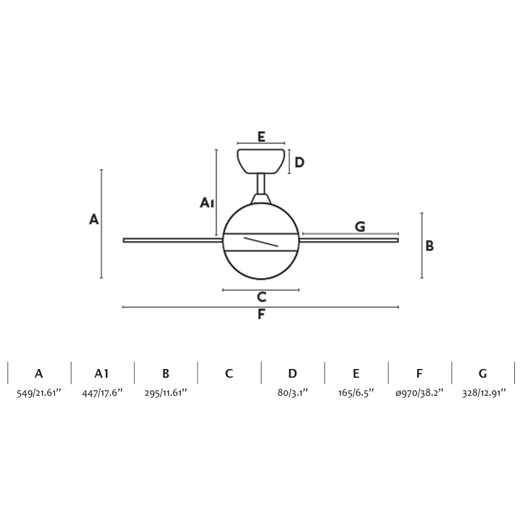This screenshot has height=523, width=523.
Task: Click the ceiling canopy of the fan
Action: tap(261, 162)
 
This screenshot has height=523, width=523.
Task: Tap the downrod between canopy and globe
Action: tap(261, 184)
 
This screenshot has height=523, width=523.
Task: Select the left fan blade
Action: tap(173, 240)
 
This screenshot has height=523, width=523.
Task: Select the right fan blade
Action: tap(349, 240)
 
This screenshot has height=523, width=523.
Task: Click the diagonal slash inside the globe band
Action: tap(261, 242)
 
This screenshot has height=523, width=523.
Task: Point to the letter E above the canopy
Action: tap(261, 137)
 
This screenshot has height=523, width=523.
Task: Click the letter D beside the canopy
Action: tap(299, 163)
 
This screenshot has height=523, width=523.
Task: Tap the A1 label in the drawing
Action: tap(207, 203)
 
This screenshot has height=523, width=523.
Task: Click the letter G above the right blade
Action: tap(360, 227)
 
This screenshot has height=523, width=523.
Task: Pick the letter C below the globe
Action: tap(261, 297)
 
